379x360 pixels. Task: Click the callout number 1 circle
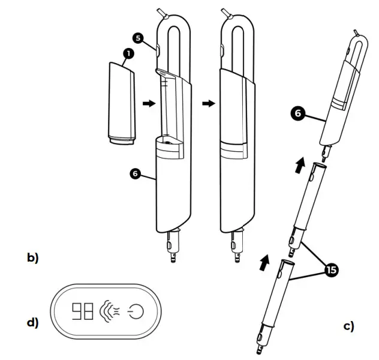click(127, 54)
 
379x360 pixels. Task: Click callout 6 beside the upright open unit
click(136, 173)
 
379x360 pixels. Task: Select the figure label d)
click(32, 322)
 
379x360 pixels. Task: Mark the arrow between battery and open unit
click(148, 103)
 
